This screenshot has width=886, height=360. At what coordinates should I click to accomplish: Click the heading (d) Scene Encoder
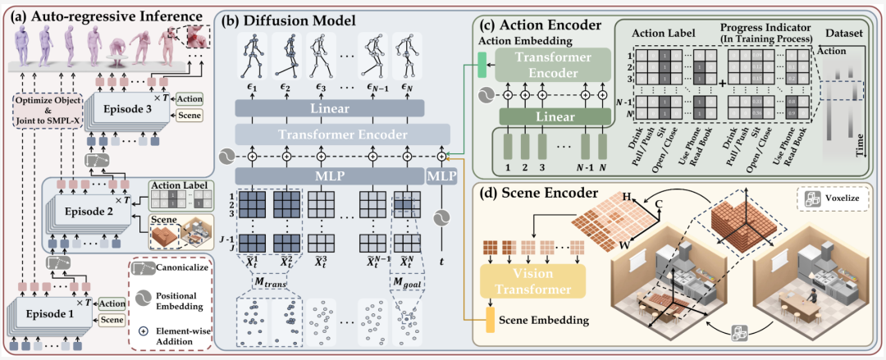coord(526,198)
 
